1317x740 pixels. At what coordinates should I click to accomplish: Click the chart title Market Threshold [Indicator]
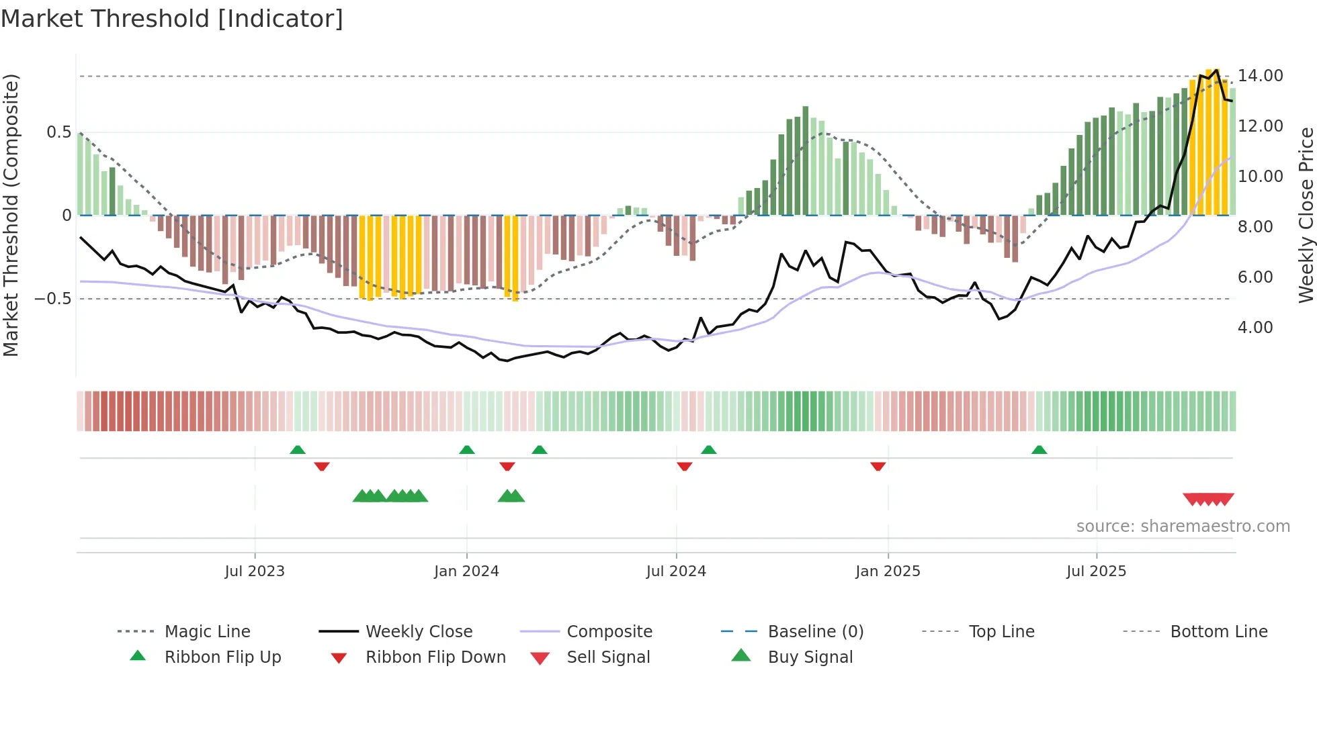(172, 19)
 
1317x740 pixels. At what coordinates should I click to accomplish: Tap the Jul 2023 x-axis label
(255, 571)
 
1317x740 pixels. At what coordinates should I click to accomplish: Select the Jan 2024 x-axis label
(466, 571)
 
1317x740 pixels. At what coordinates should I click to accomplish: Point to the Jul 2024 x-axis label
(676, 571)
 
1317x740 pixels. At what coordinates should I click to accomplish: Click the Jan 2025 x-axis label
(888, 571)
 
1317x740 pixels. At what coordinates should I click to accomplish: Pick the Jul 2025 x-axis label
(1096, 571)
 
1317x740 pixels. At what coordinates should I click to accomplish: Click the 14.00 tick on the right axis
(1261, 76)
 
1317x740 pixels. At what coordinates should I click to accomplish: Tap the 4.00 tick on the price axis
(1255, 328)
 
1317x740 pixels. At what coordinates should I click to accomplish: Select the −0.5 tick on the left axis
(53, 299)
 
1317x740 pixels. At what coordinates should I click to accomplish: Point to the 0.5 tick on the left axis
(59, 132)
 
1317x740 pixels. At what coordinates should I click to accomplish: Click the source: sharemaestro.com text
(1183, 526)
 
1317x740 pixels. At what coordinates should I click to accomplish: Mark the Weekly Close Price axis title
(1306, 215)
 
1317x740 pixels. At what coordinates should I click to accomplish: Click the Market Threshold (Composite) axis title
(11, 215)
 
